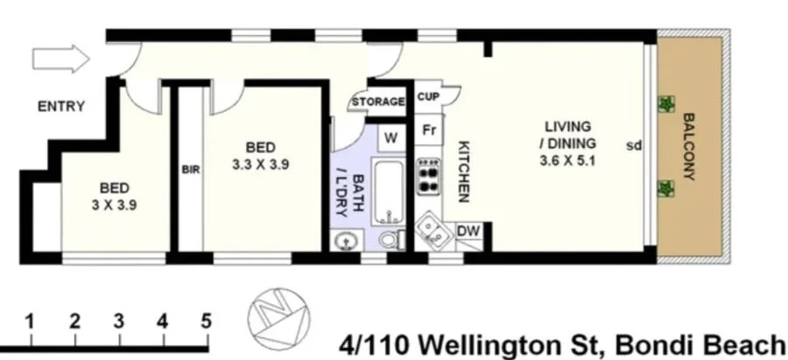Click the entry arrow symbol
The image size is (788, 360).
[x=60, y=60]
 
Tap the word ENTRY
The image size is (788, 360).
[x=60, y=107]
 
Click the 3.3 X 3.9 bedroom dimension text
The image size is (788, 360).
[x=262, y=164]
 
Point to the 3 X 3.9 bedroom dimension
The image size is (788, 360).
[x=114, y=206]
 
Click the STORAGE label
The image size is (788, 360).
[x=378, y=102]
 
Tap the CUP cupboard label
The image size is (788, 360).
[x=428, y=97]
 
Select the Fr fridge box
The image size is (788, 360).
[x=429, y=130]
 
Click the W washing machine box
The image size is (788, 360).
[x=391, y=138]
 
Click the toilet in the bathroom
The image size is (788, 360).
[x=391, y=237]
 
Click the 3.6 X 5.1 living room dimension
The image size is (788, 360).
[x=568, y=160]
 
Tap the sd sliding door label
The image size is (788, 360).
[x=634, y=145]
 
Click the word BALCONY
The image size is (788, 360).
[x=689, y=146]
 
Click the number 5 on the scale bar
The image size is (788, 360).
[x=207, y=320]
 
